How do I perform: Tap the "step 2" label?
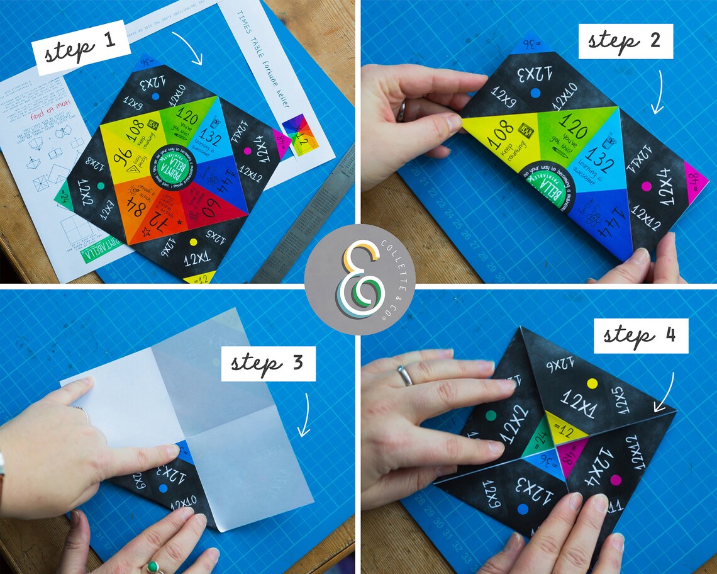click(x=625, y=42)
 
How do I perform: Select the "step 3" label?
click(x=268, y=363)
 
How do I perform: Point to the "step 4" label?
click(x=640, y=335)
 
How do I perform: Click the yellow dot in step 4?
click(x=592, y=383)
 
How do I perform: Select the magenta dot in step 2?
click(x=646, y=186)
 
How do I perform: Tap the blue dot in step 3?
click(x=164, y=488)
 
